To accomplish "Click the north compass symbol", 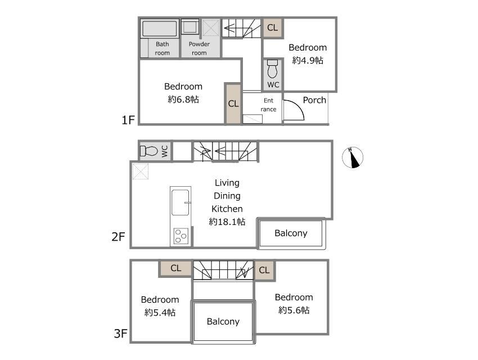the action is pos(353,157).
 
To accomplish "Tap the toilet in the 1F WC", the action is pos(272,69).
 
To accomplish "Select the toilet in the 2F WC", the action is pos(149,151).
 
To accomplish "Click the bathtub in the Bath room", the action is pos(160,29).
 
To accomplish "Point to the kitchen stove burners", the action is pos(181,236).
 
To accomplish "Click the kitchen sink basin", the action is pos(180,202).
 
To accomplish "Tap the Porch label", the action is pos(314,100).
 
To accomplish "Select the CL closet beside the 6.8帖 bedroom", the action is pos(233,103).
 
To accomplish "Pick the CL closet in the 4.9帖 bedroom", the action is pos(273,28).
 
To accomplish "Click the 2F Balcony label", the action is pos(291,233).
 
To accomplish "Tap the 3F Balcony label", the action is pos(223,322).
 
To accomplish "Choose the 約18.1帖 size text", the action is pos(227,222).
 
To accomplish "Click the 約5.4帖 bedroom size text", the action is pos(160,312).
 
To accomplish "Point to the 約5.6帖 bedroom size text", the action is pos(294,310).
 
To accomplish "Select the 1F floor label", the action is pos(128,120).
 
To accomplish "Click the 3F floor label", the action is pos(120,334).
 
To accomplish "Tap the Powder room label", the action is pos(199,48).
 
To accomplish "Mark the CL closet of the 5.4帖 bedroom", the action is pos(175,268).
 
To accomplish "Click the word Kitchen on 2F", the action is pos(227,209).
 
